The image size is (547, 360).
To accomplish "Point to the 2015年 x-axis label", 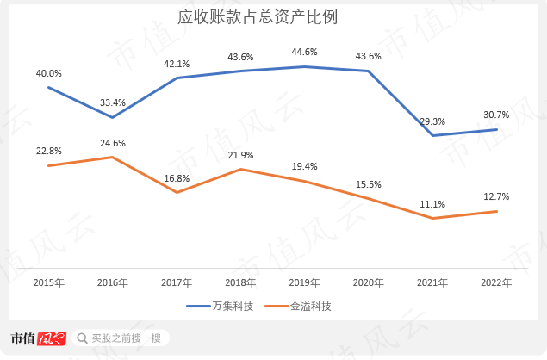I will [48, 282].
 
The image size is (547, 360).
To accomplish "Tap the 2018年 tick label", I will [240, 282].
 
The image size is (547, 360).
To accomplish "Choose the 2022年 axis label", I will [496, 282].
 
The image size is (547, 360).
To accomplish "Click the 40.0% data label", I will [48, 73].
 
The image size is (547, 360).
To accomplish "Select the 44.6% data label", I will [305, 52].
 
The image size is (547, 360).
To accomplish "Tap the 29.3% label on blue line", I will [432, 121].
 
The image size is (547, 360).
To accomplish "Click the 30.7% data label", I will [496, 115].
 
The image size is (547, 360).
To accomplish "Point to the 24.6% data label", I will [113, 143].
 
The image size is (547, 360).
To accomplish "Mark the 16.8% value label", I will [177, 178].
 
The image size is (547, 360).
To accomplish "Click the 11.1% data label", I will [432, 204].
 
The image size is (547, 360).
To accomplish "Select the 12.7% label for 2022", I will [496, 196].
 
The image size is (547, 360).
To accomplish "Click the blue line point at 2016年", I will [113, 117].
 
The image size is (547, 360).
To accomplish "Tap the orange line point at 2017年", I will [177, 192].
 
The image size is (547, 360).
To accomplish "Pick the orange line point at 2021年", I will [432, 218].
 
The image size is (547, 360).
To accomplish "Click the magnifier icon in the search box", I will [83, 338].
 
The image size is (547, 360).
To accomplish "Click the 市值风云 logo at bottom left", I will [38, 338].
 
